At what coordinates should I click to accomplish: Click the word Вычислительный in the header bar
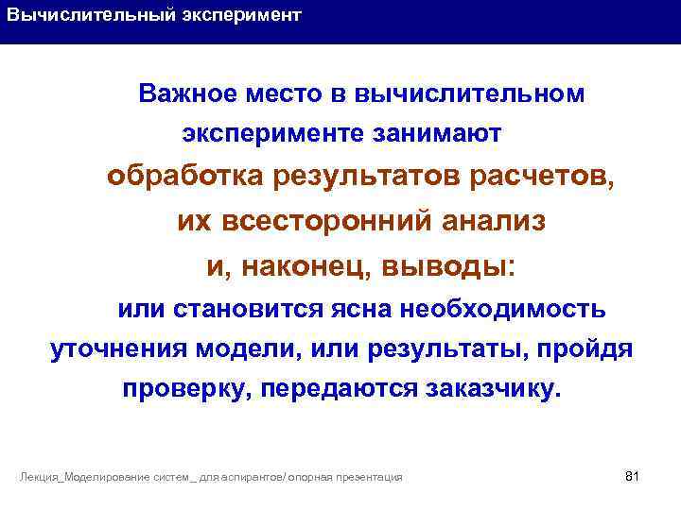(91, 16)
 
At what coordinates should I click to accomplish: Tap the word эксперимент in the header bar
(241, 16)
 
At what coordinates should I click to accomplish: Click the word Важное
(185, 94)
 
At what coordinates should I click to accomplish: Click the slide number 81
(633, 475)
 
